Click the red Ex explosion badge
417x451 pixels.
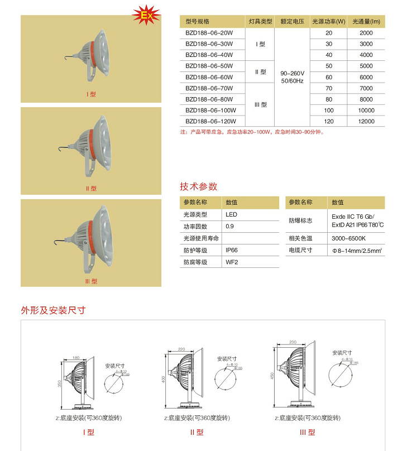pos(147,16)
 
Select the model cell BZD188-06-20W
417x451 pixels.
pos(209,33)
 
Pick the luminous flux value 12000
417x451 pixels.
pos(366,121)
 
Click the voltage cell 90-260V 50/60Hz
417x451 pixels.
pos(292,77)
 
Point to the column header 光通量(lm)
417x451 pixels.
pos(366,22)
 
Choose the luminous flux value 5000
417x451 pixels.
pos(366,66)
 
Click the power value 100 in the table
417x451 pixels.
pos(329,110)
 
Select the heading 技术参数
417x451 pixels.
pos(198,186)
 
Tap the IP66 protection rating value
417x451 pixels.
pos(231,251)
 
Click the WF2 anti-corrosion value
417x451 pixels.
pos(231,262)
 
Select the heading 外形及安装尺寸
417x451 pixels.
pos(53,310)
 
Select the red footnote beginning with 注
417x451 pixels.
pos(251,132)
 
